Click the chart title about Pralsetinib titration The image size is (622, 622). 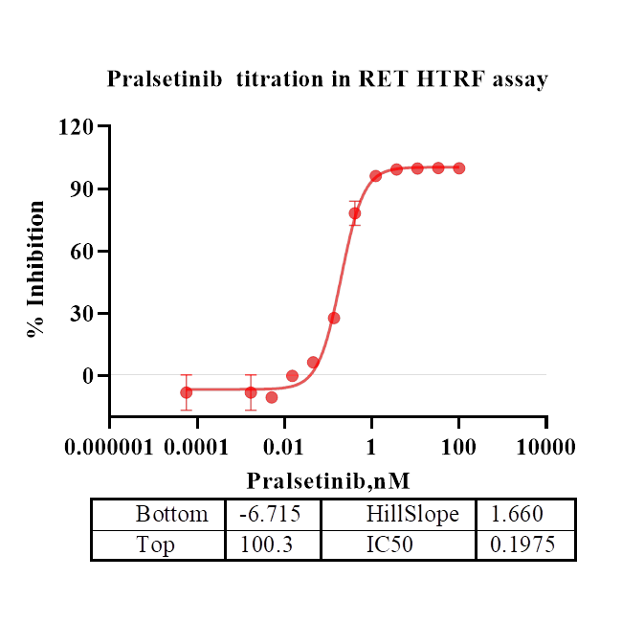[327, 79]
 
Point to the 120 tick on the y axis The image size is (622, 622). [80, 126]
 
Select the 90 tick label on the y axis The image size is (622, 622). [85, 189]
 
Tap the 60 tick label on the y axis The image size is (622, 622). [85, 252]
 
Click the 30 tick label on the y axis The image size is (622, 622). [85, 314]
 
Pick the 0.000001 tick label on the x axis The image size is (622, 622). [110, 447]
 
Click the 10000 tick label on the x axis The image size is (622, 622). [546, 447]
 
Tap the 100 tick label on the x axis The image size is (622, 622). [458, 447]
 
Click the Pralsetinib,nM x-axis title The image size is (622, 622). [328, 479]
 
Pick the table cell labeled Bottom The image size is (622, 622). [171, 514]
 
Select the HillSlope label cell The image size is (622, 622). [412, 514]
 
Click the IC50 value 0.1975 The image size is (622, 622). [522, 544]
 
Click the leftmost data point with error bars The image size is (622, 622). [187, 392]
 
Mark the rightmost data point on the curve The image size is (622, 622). [459, 168]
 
